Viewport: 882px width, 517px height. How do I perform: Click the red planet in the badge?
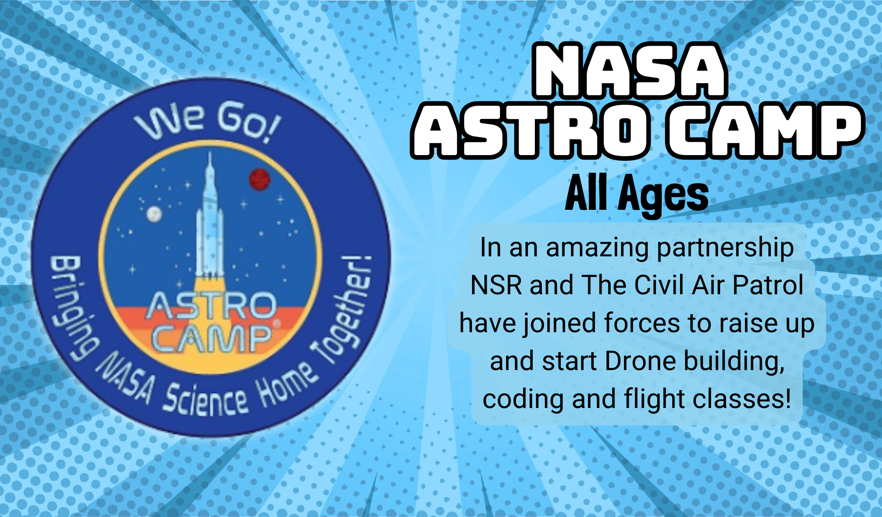tap(260, 179)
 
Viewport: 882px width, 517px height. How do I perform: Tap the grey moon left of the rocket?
tap(154, 214)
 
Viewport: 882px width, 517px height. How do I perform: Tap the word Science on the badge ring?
tap(206, 400)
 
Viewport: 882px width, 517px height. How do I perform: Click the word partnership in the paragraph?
tap(725, 249)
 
